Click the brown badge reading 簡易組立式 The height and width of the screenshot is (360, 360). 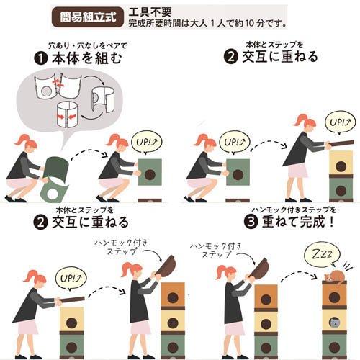tap(88, 17)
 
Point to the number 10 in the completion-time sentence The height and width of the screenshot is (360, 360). tap(246, 24)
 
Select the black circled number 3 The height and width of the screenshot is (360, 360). tap(251, 221)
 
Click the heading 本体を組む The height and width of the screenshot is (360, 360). tap(87, 58)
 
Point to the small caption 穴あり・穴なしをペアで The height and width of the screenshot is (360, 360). tap(88, 45)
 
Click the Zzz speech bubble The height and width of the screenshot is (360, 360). tap(322, 256)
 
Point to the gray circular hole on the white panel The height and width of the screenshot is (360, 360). tap(45, 90)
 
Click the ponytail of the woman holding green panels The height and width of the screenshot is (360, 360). tap(20, 140)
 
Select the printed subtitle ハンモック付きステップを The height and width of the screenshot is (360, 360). tap(294, 210)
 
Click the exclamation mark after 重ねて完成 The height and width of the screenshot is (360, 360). tap(331, 221)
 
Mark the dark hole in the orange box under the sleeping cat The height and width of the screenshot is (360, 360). tap(334, 298)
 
